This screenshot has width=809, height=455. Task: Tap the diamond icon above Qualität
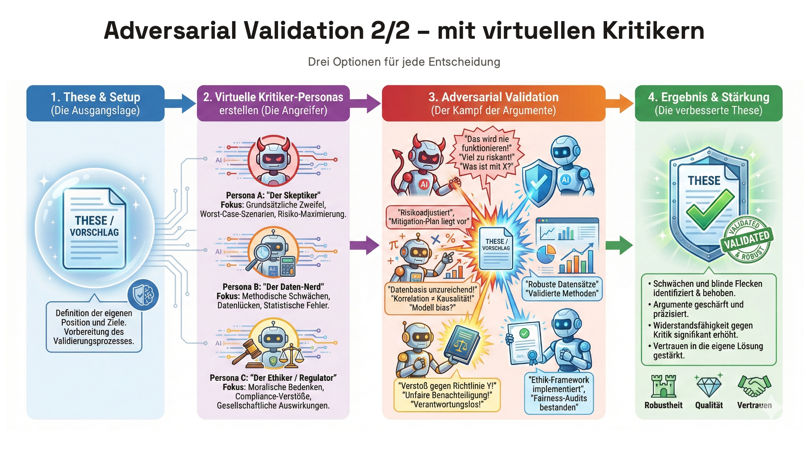709,386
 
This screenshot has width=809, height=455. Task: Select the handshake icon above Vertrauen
754,385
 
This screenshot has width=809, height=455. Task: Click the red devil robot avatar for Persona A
273,161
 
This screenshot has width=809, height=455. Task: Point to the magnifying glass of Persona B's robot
259,254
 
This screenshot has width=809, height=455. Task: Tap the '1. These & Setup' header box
95,104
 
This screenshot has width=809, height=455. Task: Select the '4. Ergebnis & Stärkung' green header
708,104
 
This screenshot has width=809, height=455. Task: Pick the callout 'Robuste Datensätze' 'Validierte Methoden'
563,289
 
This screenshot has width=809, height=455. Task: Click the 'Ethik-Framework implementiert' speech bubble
559,393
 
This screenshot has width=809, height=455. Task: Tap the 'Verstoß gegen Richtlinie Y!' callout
447,395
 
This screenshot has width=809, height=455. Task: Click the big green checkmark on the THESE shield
710,209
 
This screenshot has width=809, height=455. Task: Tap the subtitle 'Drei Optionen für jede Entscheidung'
404,62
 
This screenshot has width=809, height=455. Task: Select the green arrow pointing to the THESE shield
619,245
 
